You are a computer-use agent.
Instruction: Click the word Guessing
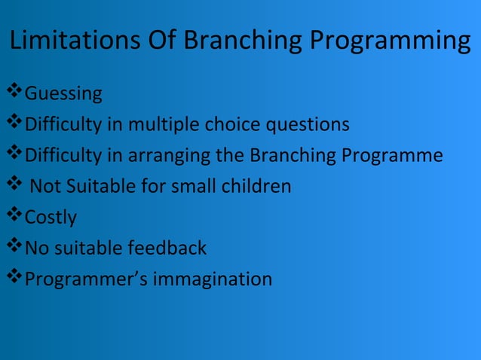(64, 95)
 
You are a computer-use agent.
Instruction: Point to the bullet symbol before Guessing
(14, 93)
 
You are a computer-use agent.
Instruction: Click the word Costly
(51, 218)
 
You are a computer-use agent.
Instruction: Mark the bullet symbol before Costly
(14, 216)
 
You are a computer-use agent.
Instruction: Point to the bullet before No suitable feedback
(14, 246)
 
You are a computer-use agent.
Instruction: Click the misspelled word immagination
(213, 279)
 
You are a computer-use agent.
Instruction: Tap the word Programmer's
(87, 279)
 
